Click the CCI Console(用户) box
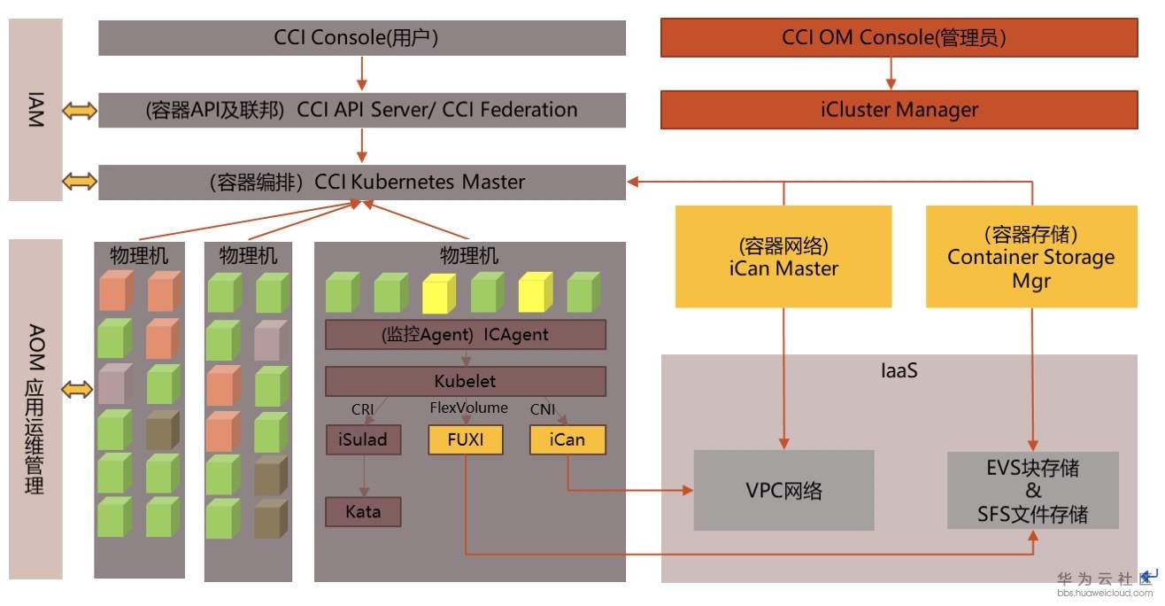(361, 38)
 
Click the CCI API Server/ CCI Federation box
(361, 110)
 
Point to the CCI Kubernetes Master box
(361, 182)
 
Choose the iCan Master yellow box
(783, 256)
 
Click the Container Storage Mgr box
(1031, 256)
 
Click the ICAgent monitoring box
(466, 335)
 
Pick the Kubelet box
(466, 382)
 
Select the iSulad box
(362, 440)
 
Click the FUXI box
(466, 440)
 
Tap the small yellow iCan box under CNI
(567, 440)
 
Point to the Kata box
(362, 512)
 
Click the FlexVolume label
(469, 408)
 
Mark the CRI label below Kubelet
(363, 410)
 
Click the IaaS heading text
(899, 370)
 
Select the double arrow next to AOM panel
(80, 389)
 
